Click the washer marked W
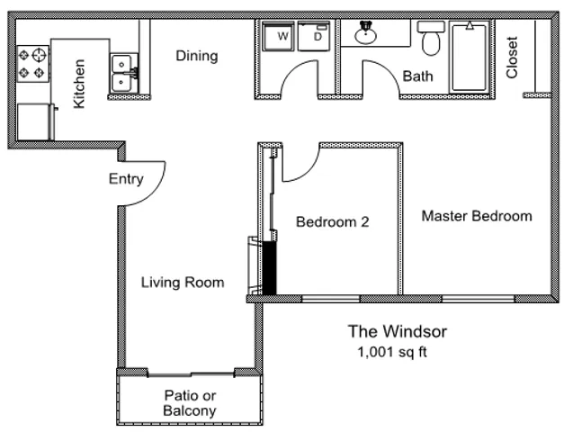pos(278,36)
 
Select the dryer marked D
pos(314,36)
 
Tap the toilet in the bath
pos(431,38)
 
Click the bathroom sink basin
pos(365,34)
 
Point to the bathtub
pos(470,57)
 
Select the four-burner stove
pos(33,64)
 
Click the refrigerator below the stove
pos(35,121)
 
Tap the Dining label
pos(197,56)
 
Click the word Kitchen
pos(79,84)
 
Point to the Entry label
pos(126,179)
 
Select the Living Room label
pos(183,283)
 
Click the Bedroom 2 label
pos(333,221)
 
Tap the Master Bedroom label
pos(477,216)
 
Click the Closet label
pos(512,58)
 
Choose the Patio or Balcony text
pos(190,403)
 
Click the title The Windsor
pos(398,331)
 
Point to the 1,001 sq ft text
pos(392,352)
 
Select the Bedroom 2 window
pos(331,299)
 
